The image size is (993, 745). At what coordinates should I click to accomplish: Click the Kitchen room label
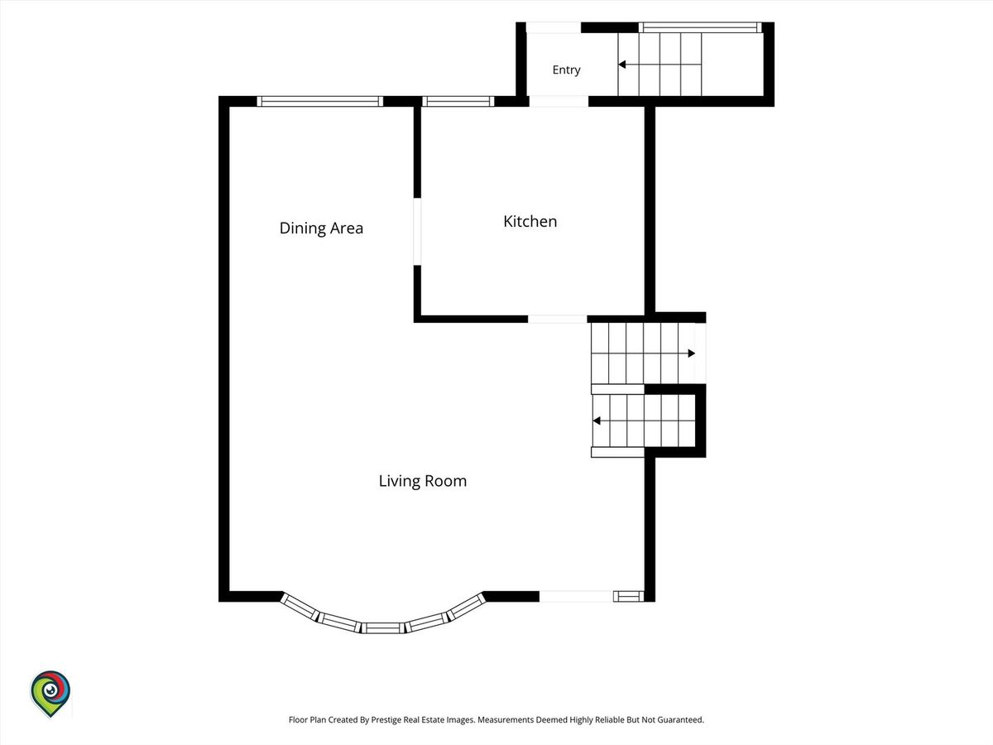(530, 221)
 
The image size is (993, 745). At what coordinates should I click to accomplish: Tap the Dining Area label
(321, 228)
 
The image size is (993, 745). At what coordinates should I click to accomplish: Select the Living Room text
(423, 481)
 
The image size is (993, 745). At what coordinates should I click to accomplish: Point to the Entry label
(566, 70)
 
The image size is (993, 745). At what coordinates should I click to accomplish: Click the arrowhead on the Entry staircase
(622, 65)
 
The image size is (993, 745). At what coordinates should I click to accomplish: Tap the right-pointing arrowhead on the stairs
(691, 353)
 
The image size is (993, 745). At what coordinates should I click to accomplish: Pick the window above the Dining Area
(320, 101)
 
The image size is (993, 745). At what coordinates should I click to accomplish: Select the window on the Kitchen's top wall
(458, 101)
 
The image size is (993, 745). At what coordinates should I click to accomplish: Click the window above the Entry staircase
(700, 27)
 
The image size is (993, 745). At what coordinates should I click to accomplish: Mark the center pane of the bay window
(383, 627)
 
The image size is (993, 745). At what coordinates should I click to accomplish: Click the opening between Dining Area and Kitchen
(417, 232)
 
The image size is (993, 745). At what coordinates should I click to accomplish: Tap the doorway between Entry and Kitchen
(559, 101)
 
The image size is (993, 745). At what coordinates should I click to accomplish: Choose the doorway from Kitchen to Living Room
(558, 319)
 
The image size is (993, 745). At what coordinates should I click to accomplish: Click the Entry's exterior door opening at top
(554, 27)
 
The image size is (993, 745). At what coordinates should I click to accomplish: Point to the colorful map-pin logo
(50, 694)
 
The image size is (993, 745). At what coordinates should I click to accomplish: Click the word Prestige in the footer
(386, 719)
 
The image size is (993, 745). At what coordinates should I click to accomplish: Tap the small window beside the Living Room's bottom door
(628, 596)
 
